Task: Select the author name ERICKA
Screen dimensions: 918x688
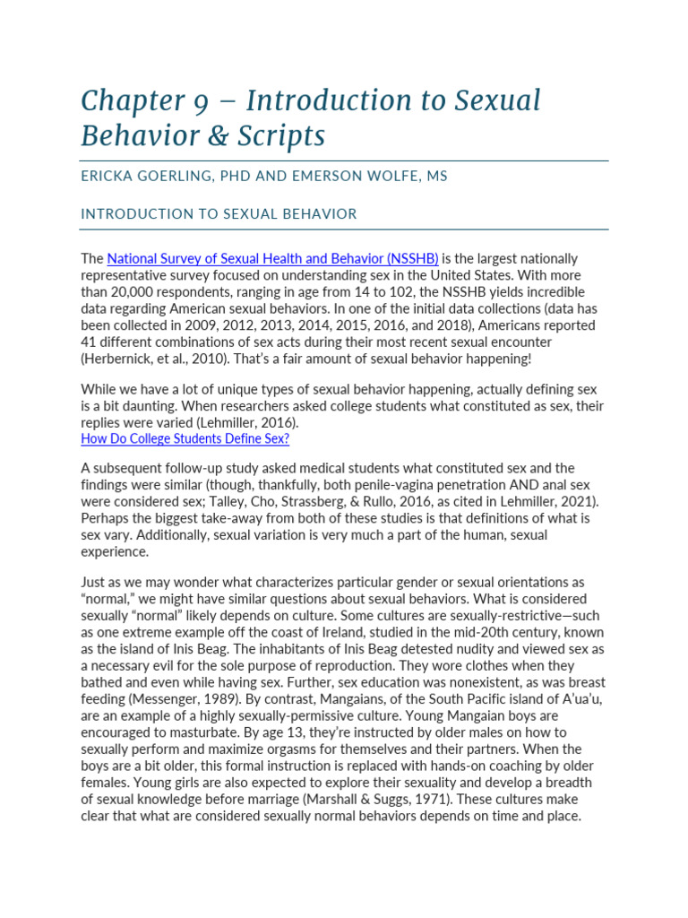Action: [x=111, y=177]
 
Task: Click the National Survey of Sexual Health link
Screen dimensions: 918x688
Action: [x=272, y=259]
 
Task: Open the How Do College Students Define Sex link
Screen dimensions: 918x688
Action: [x=185, y=438]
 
